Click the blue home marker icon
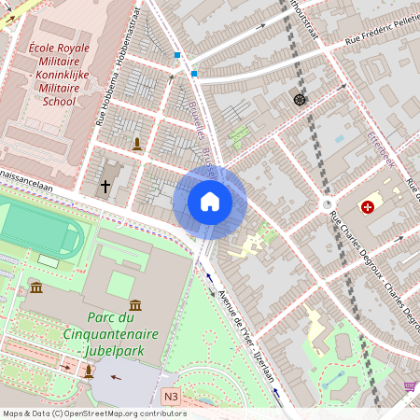210,202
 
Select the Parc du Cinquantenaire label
110,333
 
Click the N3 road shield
170,396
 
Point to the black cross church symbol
105,187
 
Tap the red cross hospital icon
369,206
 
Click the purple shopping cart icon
410,386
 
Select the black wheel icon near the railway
299,99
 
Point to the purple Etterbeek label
382,149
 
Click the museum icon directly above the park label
135,304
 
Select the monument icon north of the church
137,144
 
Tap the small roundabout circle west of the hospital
328,204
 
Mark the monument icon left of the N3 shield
89,371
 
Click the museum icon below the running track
36,287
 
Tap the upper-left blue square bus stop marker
177,55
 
